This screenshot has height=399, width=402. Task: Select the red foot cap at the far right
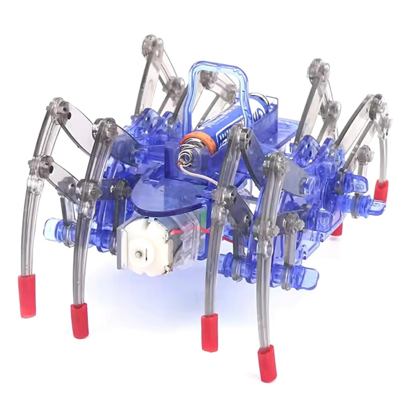click(380, 191)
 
